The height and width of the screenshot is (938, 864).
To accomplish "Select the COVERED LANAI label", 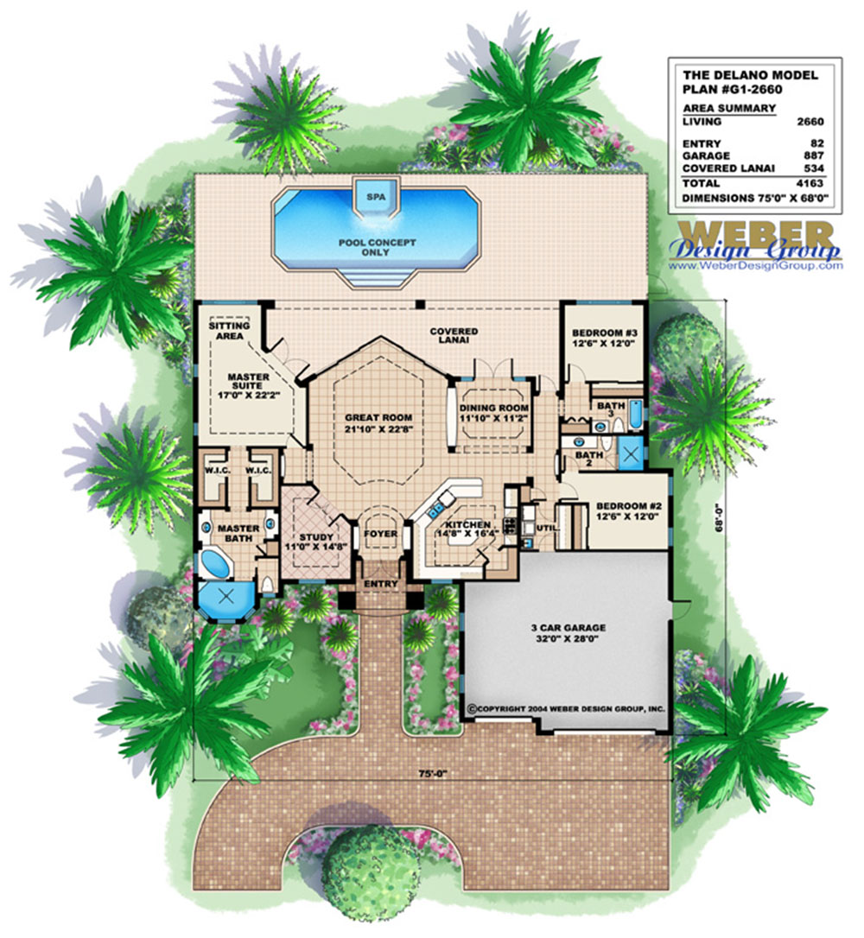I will point(454,335).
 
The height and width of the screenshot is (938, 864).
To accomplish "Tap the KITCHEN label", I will point(467,524).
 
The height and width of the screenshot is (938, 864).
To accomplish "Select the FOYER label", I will point(381,534).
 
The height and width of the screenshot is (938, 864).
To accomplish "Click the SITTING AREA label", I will point(230,331).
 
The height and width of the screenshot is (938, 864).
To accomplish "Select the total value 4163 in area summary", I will point(810,184).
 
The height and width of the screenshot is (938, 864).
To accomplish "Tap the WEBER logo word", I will point(755,235).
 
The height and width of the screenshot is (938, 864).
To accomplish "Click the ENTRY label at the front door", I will point(381,584).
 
